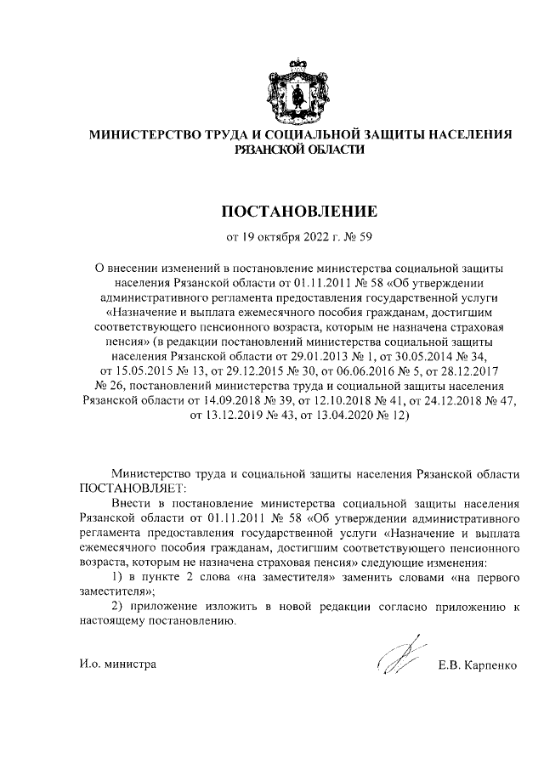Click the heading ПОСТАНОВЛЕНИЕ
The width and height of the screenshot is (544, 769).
pyautogui.click(x=299, y=210)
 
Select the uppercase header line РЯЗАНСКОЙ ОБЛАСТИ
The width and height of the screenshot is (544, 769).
pyautogui.click(x=299, y=150)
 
